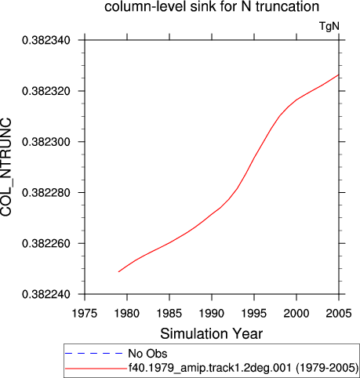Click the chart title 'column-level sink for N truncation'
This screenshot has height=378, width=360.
[212, 6]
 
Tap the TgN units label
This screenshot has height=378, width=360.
[329, 26]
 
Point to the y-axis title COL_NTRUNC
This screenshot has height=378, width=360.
[6, 167]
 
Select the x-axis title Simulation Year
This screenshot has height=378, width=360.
[211, 334]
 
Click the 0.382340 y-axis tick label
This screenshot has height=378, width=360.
[46, 41]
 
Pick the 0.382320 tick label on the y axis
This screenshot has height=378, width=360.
[46, 91]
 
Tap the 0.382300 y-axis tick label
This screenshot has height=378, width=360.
[46, 142]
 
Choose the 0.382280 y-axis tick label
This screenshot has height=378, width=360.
[46, 193]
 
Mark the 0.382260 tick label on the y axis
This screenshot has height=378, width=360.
[46, 243]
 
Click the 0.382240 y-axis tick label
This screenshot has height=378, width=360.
[46, 294]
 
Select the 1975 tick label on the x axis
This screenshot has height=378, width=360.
[85, 313]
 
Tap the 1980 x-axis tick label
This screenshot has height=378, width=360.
[127, 313]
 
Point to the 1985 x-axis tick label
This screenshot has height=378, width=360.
[169, 313]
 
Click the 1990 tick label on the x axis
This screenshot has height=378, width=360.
[212, 313]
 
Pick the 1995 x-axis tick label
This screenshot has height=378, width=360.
[254, 313]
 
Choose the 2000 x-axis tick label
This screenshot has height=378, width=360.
[296, 313]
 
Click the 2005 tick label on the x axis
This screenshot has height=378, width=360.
[339, 313]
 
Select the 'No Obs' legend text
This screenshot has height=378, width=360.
[147, 354]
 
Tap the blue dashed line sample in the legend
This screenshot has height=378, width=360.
[94, 354]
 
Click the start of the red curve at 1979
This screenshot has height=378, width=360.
[118, 271]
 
